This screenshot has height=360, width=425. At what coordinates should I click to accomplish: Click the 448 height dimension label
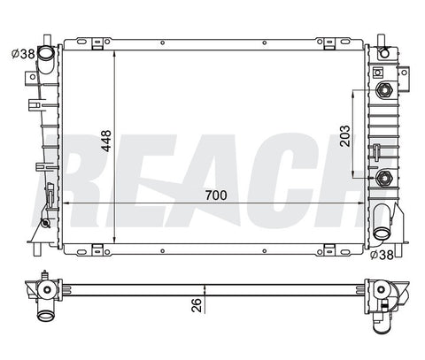pyautogui.click(x=106, y=141)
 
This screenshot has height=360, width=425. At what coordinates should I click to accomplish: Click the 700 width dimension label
pyautogui.click(x=216, y=195)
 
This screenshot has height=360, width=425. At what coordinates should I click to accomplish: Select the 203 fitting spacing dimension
pyautogui.click(x=344, y=136)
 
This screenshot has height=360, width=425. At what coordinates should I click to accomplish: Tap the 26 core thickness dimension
pyautogui.click(x=197, y=305)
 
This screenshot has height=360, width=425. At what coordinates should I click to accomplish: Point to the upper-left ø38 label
pyautogui.click(x=23, y=54)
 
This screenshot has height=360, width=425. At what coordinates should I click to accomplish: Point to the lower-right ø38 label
pyautogui.click(x=382, y=255)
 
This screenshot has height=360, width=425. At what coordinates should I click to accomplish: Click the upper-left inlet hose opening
pyautogui.click(x=46, y=53)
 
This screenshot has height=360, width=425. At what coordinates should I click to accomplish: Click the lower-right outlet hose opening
pyautogui.click(x=382, y=234)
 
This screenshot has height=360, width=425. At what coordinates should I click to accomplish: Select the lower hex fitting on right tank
pyautogui.click(x=384, y=178)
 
